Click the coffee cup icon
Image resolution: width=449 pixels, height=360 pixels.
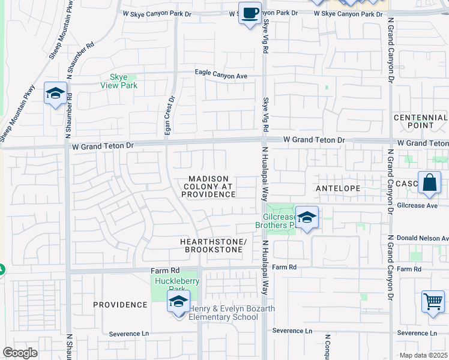(249, 12)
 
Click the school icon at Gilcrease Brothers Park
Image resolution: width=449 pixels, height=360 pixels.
(306, 218)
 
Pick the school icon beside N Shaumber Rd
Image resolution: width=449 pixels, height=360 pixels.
(55, 94)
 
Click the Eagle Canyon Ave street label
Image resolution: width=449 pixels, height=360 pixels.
(221, 76)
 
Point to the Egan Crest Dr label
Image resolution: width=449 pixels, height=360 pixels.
(169, 116)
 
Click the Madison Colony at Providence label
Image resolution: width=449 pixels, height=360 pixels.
(209, 187)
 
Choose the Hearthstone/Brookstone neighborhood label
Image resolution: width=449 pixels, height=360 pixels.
(214, 245)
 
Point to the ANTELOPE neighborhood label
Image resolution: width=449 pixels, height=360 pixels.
(338, 188)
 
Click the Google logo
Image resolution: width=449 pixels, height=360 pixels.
(20, 353)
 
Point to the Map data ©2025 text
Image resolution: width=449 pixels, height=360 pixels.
(423, 355)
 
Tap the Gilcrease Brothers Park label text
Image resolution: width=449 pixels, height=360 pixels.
(277, 221)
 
